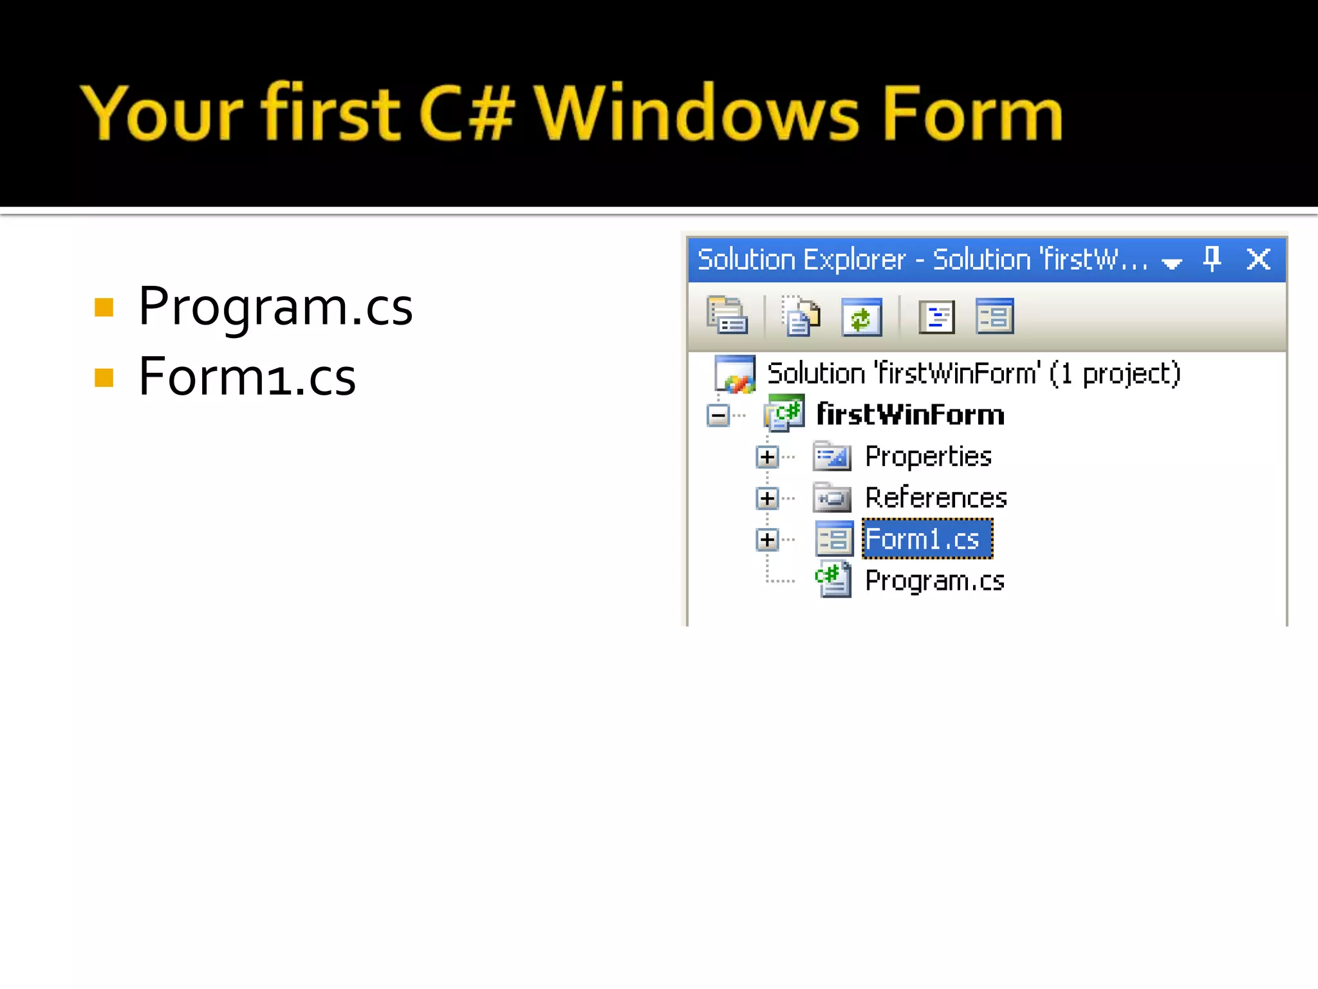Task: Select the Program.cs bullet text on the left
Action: (x=275, y=307)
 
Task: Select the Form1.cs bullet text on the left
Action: (x=247, y=377)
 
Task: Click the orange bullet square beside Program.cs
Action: (x=104, y=308)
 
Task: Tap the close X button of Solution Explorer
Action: (x=1258, y=259)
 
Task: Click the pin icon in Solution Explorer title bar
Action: (x=1212, y=259)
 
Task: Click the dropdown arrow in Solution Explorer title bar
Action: (x=1172, y=263)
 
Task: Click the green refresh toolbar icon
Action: (x=861, y=317)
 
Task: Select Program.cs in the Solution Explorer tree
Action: (x=934, y=581)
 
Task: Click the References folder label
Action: (x=935, y=498)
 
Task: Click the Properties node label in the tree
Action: (x=927, y=457)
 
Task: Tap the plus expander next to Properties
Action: (x=767, y=457)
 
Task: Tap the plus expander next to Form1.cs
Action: (x=767, y=540)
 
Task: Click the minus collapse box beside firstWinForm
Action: (x=718, y=415)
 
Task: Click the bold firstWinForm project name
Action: (x=910, y=415)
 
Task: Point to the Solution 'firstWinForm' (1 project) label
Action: (x=973, y=373)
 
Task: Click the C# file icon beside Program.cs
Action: (x=833, y=579)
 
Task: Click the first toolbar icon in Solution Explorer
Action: (x=727, y=316)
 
